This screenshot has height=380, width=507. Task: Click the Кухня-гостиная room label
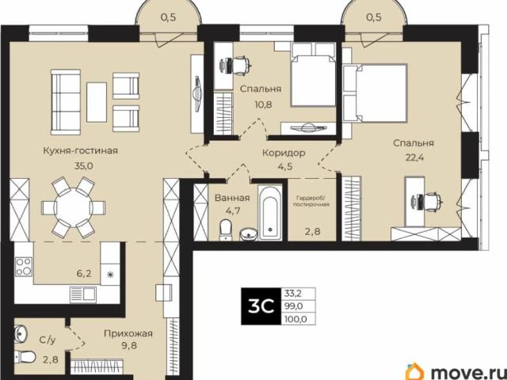[x=80, y=151]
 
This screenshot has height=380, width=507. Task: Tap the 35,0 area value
[x=84, y=166]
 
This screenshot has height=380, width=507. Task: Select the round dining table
[x=74, y=207]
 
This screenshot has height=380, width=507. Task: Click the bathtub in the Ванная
[x=270, y=212]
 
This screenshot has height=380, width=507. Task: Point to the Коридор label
[x=284, y=153]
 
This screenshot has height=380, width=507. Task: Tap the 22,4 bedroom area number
[x=414, y=158]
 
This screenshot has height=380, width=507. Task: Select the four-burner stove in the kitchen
[x=24, y=267]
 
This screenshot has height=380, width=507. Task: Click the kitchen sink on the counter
[x=83, y=294]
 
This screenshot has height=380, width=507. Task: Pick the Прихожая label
[x=128, y=333]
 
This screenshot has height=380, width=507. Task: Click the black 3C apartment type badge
[x=261, y=306]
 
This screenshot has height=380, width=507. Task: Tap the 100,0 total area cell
[x=295, y=320]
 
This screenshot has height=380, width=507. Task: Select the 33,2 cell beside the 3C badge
[x=293, y=294]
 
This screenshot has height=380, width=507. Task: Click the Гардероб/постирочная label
[x=311, y=200]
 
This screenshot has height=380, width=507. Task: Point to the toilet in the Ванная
[x=225, y=230]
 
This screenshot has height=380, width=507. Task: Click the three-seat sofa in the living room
[x=66, y=102]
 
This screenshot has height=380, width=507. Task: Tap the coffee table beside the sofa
[x=97, y=102]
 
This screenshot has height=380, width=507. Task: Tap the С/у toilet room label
[x=48, y=340]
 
